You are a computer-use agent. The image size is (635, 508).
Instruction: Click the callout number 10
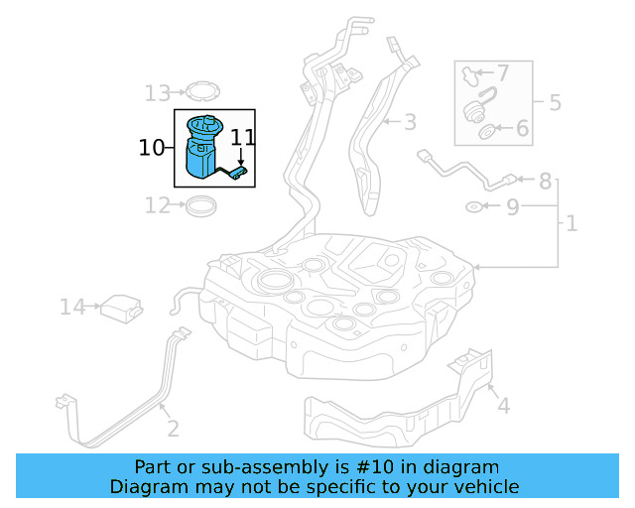151,148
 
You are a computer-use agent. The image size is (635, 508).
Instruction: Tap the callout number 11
243,138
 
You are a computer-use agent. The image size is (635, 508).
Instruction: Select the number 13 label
158,93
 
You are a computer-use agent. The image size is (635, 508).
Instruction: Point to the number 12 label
158,205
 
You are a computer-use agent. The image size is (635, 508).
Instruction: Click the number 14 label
72,307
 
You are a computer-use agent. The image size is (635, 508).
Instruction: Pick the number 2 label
173,429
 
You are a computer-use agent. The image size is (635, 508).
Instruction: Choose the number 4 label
503,405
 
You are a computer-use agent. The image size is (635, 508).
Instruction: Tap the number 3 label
409,123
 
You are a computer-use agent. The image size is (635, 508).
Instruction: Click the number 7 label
502,72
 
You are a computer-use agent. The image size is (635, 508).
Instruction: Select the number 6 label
522,128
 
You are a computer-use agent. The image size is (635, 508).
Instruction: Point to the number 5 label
554,101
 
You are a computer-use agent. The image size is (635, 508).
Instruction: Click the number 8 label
545,182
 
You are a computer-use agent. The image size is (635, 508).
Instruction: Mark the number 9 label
512,207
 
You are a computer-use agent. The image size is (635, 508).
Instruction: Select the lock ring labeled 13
202,93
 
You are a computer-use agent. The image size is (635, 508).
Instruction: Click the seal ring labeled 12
202,206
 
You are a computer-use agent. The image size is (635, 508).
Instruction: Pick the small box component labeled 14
121,309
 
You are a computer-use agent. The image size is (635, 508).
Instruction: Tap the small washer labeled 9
474,206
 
